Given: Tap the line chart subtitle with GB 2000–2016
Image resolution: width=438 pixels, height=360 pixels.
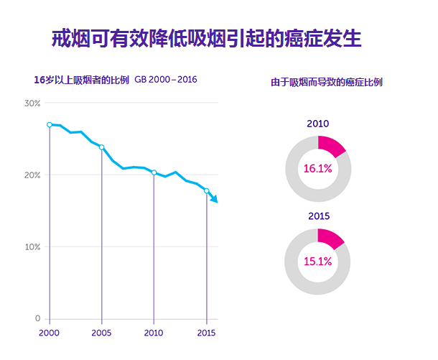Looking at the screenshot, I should point(116,80).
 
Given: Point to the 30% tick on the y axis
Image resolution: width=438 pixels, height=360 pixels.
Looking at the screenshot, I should point(32,103).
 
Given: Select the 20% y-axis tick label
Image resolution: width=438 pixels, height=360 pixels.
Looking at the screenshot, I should point(32,175).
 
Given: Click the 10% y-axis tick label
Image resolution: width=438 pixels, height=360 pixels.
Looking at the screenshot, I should point(32,247).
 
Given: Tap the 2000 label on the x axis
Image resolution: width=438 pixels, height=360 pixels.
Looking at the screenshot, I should point(49,333).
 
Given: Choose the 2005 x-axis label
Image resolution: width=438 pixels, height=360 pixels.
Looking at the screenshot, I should point(101,333).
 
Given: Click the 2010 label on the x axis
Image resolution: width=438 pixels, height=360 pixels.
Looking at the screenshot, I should point(154,333).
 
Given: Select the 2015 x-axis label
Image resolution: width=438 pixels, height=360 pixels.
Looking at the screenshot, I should point(207,333).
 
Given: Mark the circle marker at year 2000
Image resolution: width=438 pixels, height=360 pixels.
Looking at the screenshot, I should point(50,125).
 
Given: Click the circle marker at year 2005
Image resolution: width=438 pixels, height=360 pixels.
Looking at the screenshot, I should point(101,147).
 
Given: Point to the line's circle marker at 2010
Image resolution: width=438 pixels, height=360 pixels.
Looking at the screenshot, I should point(154,172).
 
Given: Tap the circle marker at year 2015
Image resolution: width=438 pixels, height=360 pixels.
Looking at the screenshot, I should point(207,191).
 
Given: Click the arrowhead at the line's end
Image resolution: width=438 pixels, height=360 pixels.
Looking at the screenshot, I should point(214,199).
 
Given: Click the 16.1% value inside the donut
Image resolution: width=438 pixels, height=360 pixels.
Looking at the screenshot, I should point(318,169).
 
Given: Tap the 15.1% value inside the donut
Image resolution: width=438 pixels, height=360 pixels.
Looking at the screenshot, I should point(318,262).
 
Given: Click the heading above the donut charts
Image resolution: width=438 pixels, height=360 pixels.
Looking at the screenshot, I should point(327,83).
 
